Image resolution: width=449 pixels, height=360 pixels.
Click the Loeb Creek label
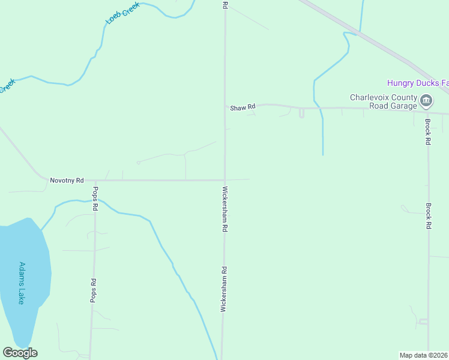pos(122,13)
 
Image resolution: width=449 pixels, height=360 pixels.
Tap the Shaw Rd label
pos(243,107)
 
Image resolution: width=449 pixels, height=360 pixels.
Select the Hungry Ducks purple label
pos(417,83)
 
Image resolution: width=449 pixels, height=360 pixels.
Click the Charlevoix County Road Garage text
pos(384,101)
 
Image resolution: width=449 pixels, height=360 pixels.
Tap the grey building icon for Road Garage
pos(426,100)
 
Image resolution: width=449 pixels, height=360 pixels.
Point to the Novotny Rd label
pos(67,180)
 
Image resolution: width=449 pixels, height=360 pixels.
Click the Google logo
pos(20,352)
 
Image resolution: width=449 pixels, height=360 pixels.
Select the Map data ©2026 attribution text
pos(423,355)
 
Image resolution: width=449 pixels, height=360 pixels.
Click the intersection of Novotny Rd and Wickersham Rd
pos(225,179)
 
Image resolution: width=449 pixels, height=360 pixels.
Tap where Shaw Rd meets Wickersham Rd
pos(225,105)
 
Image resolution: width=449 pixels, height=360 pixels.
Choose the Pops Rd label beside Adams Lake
pos(93,290)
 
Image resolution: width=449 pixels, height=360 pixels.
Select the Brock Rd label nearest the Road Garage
pos(428,132)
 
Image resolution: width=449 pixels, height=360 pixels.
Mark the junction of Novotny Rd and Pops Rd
pos(95,180)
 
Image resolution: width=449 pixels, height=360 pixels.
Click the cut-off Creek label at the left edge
pos(6,86)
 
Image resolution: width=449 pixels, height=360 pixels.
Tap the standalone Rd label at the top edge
pos(225,4)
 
